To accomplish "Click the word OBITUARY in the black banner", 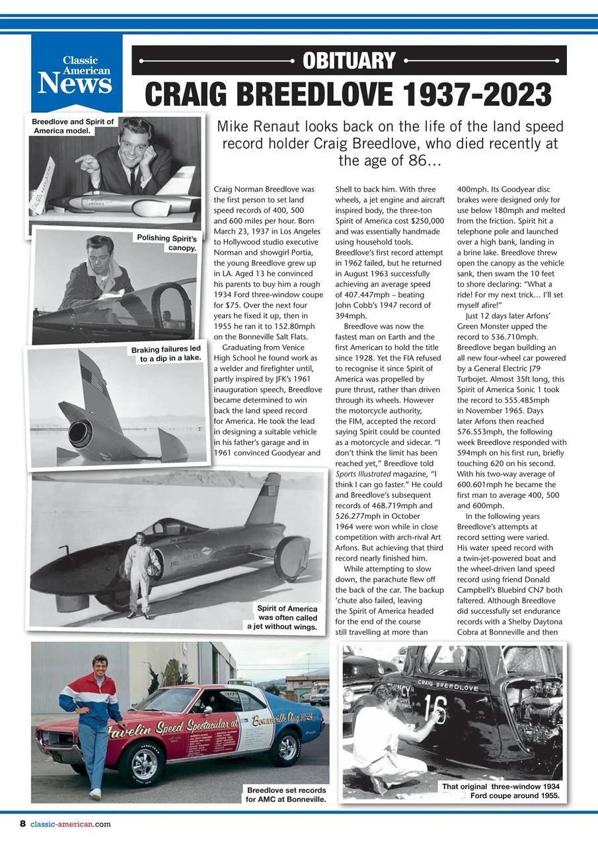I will click(349, 61).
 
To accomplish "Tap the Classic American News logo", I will click(77, 75).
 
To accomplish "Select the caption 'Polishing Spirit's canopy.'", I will click(166, 242).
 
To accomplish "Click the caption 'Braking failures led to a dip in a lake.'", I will click(165, 353).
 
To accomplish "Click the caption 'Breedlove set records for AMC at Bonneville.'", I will click(286, 795).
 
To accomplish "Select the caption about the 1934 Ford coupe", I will click(500, 791).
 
